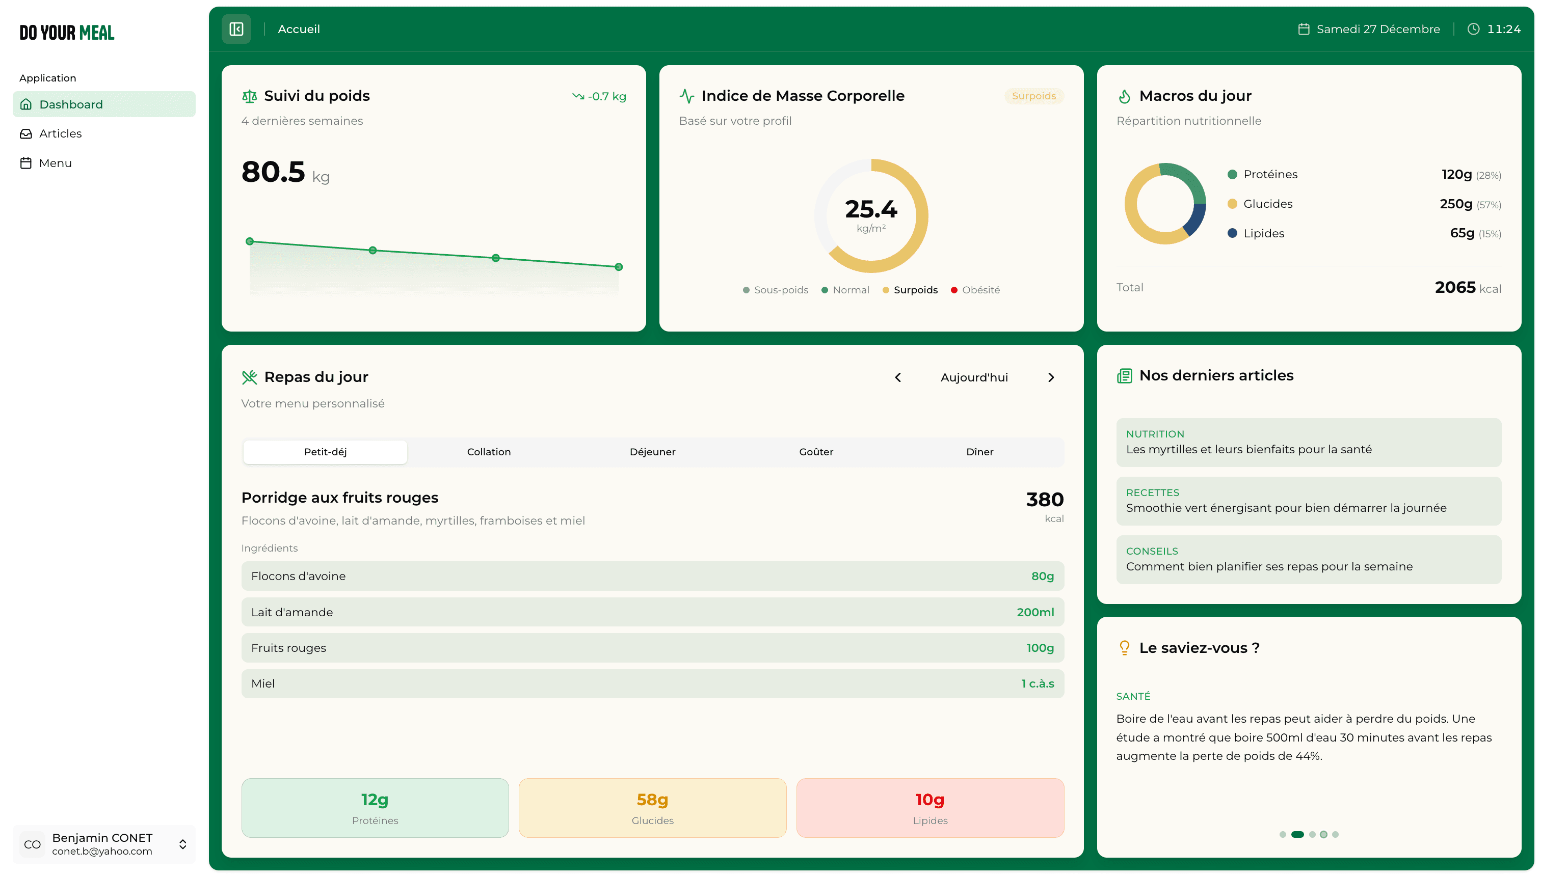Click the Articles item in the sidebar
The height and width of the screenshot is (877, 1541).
click(60, 134)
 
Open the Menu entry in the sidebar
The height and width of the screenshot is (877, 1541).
click(55, 163)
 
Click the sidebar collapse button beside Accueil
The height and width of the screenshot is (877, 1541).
click(236, 29)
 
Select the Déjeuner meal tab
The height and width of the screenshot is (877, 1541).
click(652, 452)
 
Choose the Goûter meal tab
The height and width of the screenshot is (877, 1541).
click(816, 452)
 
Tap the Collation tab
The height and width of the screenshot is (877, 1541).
click(488, 452)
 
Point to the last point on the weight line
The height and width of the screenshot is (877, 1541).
click(618, 267)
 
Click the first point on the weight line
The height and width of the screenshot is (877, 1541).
click(250, 241)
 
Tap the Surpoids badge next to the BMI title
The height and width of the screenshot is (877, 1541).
click(1033, 96)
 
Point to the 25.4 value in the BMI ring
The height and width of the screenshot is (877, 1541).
click(871, 209)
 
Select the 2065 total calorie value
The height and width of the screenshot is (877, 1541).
click(1455, 287)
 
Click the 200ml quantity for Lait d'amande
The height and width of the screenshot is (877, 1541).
click(1035, 612)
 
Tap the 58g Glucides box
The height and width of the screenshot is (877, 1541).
click(652, 808)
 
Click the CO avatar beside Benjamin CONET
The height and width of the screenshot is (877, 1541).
click(32, 844)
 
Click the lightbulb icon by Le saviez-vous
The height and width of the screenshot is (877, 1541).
click(1124, 647)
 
